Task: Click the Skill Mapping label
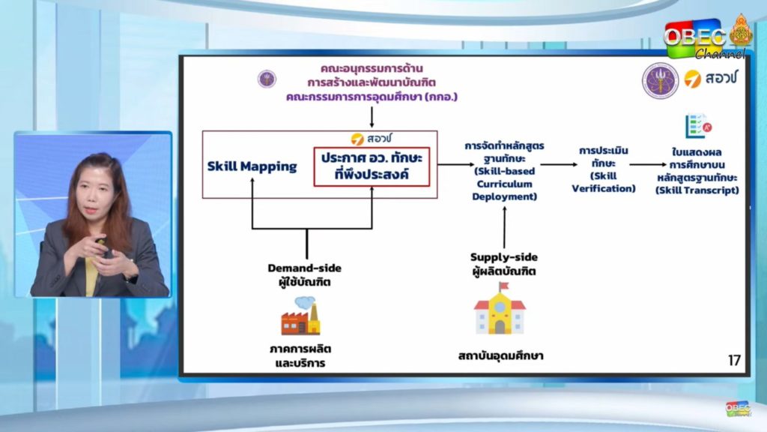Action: pyautogui.click(x=252, y=166)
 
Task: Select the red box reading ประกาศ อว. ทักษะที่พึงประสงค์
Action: pyautogui.click(x=372, y=166)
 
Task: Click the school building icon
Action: pyautogui.click(x=500, y=308)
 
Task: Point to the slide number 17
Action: pyautogui.click(x=734, y=361)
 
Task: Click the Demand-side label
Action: pyautogui.click(x=304, y=268)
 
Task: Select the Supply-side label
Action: pyautogui.click(x=504, y=257)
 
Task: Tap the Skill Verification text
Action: pyautogui.click(x=604, y=181)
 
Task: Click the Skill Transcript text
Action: pyautogui.click(x=697, y=190)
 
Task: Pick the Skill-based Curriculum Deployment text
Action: pyautogui.click(x=504, y=184)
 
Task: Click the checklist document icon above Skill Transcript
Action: pyautogui.click(x=698, y=126)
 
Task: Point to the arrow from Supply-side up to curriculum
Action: pyautogui.click(x=504, y=228)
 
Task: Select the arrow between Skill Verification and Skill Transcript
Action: pyautogui.click(x=648, y=164)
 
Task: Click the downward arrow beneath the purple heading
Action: pyautogui.click(x=372, y=118)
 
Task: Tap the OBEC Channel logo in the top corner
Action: pyautogui.click(x=707, y=37)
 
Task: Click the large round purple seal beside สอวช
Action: pyautogui.click(x=661, y=81)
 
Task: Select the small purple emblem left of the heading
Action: pyautogui.click(x=267, y=79)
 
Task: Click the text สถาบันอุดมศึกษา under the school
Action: pyautogui.click(x=501, y=355)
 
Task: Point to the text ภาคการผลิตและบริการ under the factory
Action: pyautogui.click(x=300, y=356)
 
